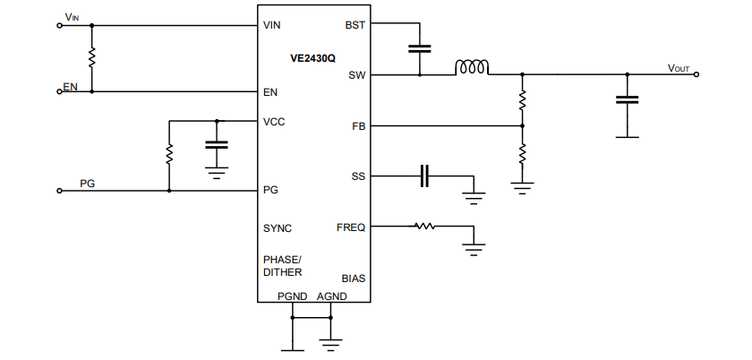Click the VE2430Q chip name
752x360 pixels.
312,58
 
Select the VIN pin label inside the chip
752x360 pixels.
272,25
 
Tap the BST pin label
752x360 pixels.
355,25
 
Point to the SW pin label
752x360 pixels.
356,75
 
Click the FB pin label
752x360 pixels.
358,126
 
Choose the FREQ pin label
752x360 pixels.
351,227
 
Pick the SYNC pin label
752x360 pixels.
278,228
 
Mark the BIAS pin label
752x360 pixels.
353,279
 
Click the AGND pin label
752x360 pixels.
331,296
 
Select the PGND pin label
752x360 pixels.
293,296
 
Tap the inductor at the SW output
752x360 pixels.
472,67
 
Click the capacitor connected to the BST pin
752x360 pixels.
419,49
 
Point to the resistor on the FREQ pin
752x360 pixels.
424,227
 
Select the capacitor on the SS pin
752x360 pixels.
425,176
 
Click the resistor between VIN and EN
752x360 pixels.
91,58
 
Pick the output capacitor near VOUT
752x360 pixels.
627,101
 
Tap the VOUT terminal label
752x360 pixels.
679,68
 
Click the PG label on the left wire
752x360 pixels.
88,184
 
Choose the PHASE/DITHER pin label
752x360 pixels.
282,265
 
